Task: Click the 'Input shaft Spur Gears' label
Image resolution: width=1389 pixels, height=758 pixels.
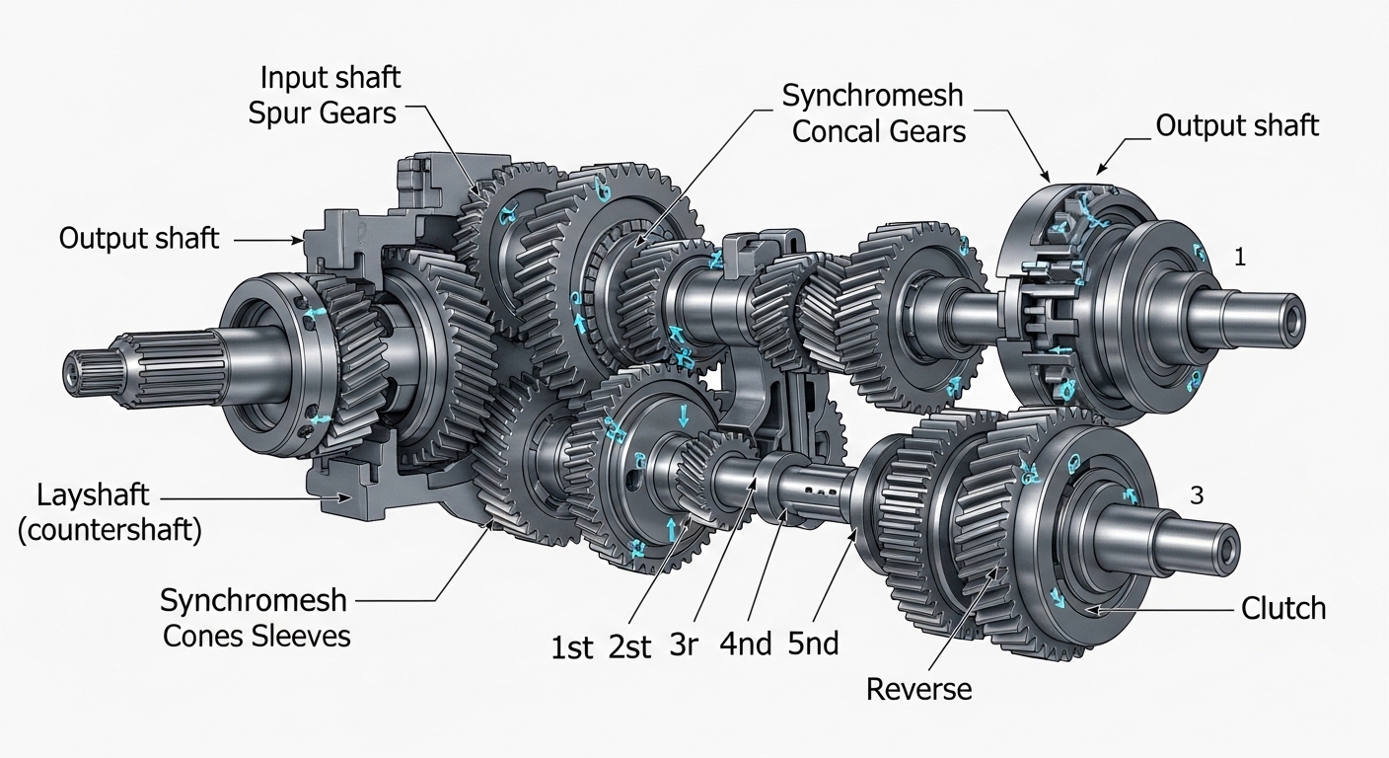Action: tap(324, 95)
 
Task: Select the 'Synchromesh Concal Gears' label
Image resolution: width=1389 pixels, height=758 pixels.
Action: tap(874, 114)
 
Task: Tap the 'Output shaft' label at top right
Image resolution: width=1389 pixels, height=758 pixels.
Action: tap(1237, 125)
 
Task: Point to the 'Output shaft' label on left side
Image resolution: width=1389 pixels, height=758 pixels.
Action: tap(139, 239)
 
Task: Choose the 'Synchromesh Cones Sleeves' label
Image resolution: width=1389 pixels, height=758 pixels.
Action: tap(255, 617)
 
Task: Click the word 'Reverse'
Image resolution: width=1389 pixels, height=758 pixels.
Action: tap(918, 689)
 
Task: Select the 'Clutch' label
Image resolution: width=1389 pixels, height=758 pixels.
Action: tap(1283, 608)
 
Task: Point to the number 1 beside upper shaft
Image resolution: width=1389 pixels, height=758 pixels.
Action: tap(1240, 258)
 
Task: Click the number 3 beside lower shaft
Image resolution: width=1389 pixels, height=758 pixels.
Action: tap(1196, 496)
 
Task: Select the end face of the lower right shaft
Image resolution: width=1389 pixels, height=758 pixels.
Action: tap(1229, 546)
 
